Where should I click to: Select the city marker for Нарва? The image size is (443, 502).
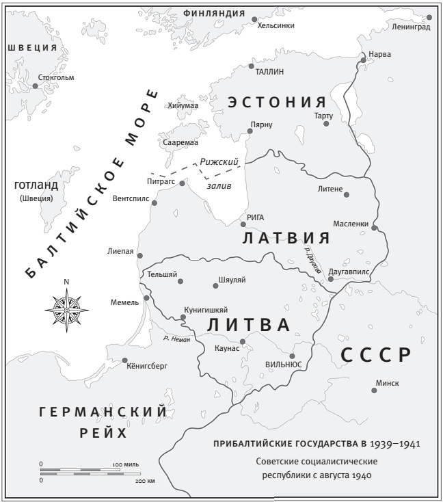click(363, 60)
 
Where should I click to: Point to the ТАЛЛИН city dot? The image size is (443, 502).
click(250, 65)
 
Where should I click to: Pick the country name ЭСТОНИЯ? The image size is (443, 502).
click(277, 103)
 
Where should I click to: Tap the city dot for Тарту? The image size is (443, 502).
click(327, 123)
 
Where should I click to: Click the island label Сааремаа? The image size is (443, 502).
click(180, 142)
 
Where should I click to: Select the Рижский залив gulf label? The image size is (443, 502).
click(219, 174)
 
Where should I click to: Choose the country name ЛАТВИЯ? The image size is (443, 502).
click(286, 238)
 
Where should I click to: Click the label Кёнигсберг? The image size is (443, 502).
click(147, 366)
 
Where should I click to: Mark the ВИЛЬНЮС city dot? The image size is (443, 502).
click(292, 356)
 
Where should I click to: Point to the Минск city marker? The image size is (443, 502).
click(374, 391)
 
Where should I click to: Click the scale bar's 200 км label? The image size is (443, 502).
click(146, 481)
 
